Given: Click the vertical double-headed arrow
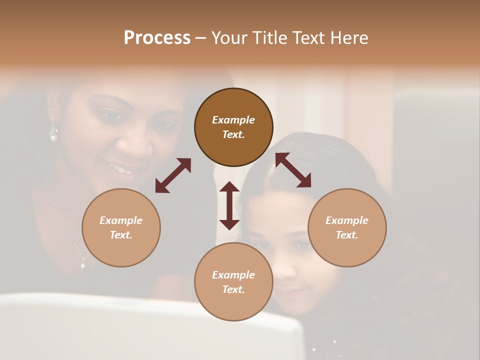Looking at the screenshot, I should tap(229, 205).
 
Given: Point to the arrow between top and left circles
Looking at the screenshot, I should tap(173, 175).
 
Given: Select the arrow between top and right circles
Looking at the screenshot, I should tap(293, 170).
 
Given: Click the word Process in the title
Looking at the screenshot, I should tap(157, 37).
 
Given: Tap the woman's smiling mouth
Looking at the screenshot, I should tap(121, 169).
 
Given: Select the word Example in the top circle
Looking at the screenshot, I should tap(233, 120).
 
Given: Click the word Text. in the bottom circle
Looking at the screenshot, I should tap(233, 289).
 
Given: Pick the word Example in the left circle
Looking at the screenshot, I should tap(121, 220).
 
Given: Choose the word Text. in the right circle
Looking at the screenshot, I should tap(347, 235).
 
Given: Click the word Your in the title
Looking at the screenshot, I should tap(228, 37).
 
